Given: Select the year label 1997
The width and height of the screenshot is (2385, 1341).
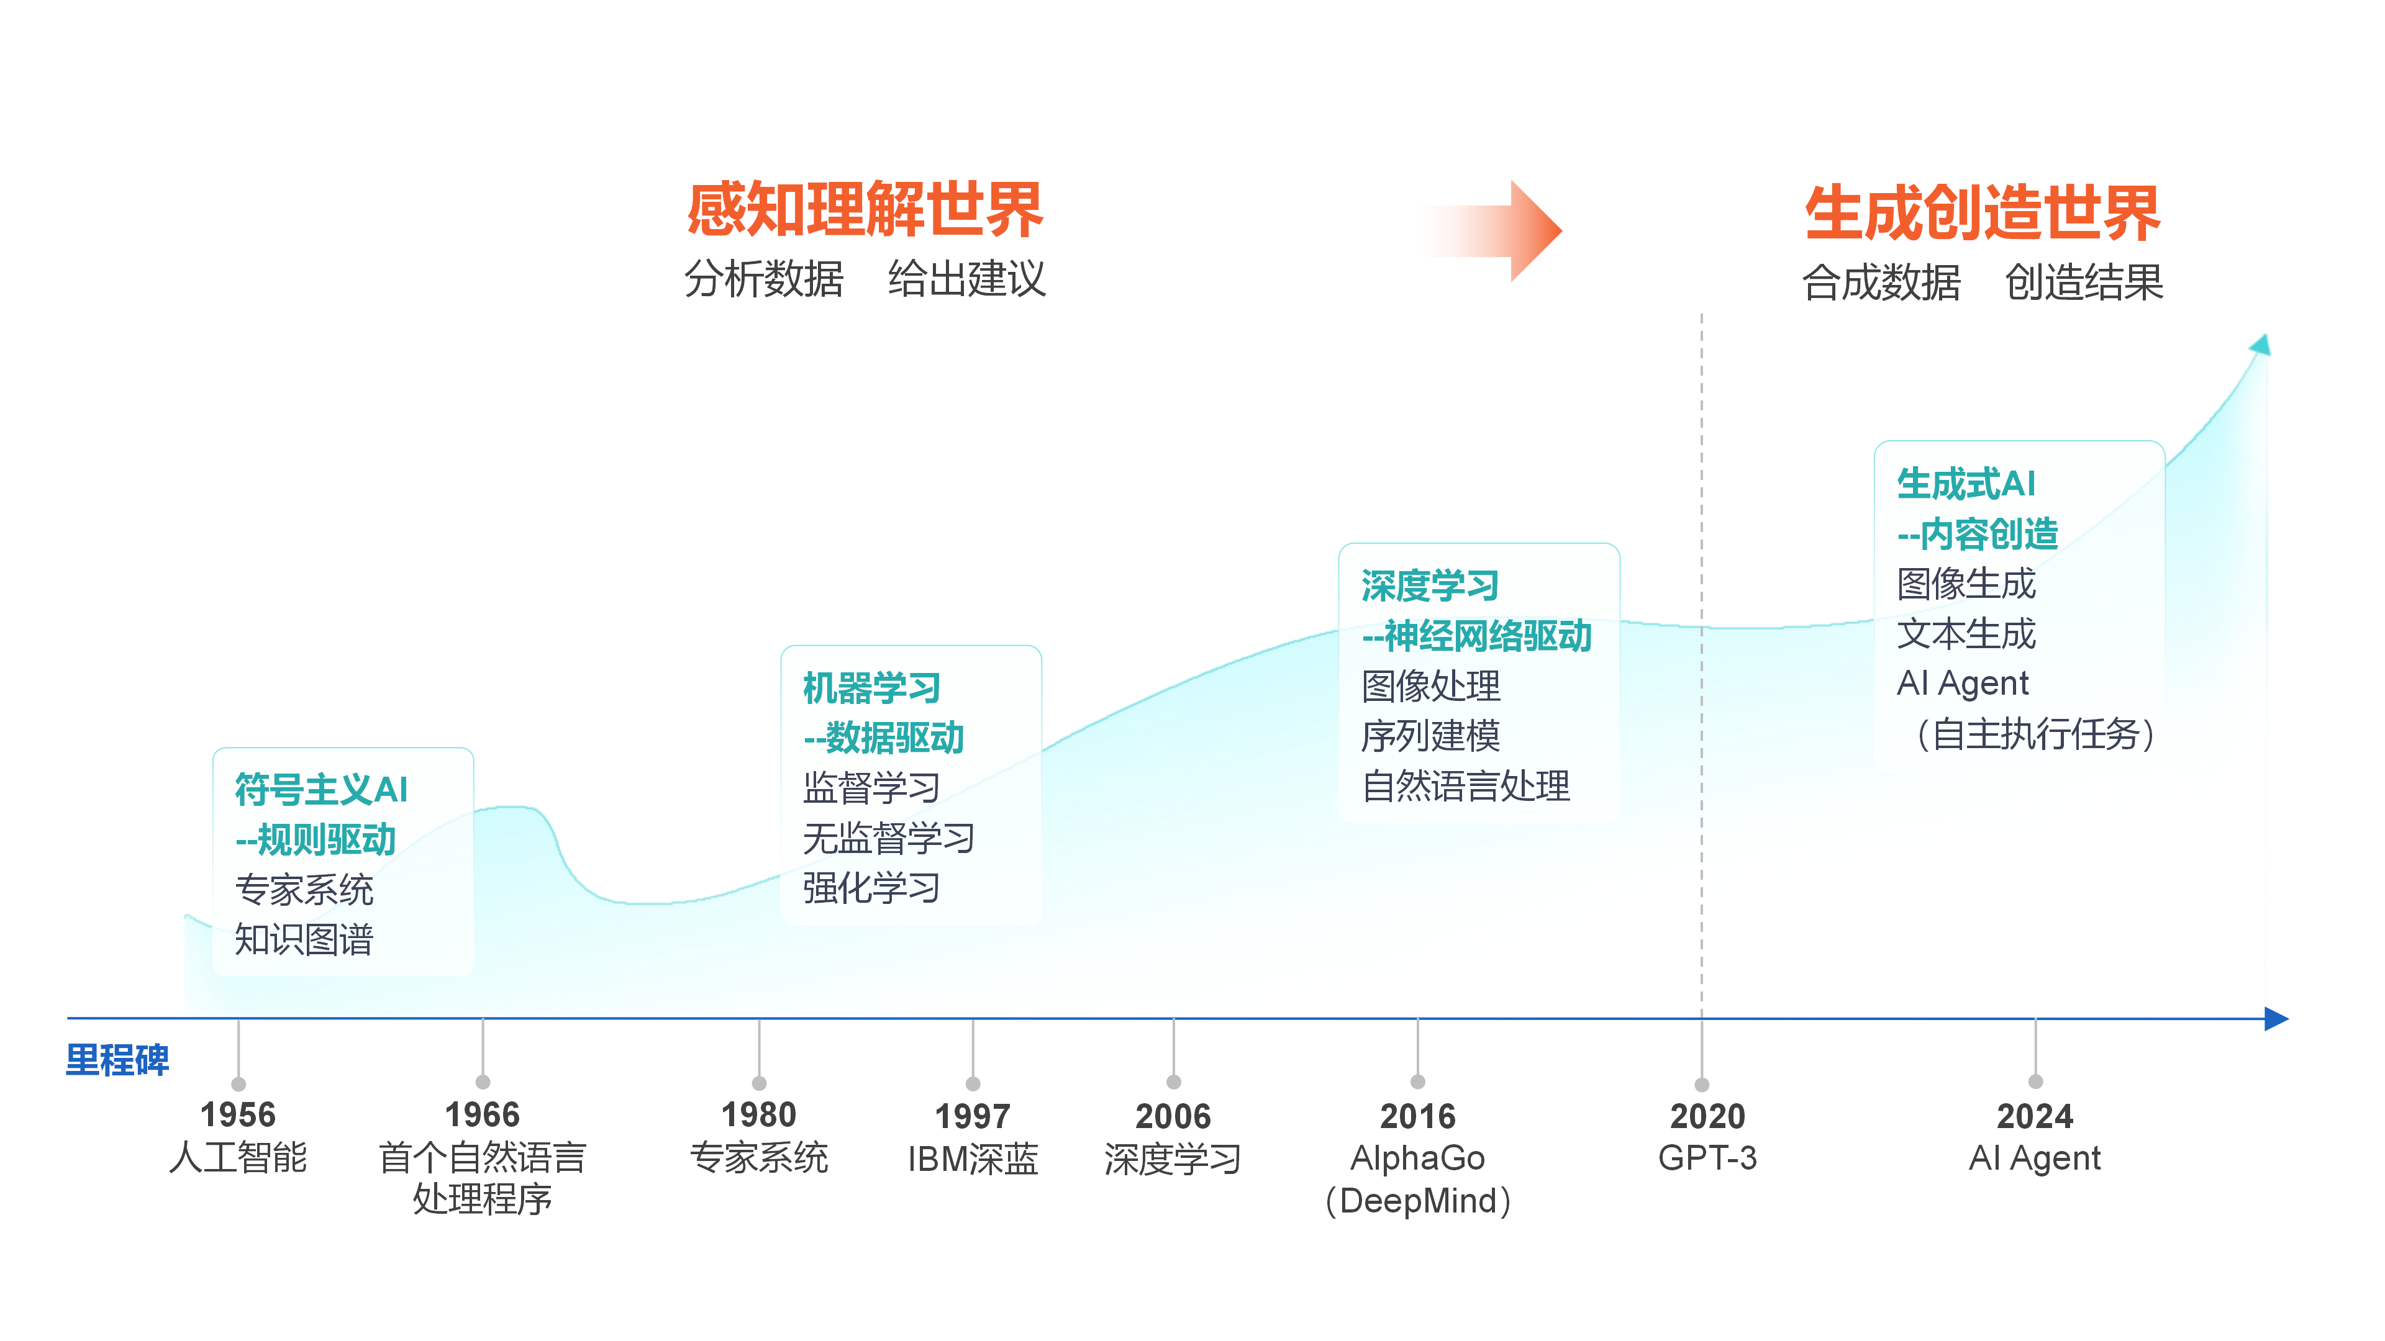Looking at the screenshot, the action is pyautogui.click(x=972, y=1116).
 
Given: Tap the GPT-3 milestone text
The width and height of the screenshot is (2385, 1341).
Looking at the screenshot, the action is pyautogui.click(x=1707, y=1158).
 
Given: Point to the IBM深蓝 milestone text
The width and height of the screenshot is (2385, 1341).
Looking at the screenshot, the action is pyautogui.click(x=972, y=1158).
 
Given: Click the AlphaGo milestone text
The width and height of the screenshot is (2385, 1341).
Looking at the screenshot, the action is pyautogui.click(x=1417, y=1158).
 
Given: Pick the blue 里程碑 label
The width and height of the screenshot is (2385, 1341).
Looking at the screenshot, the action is pyautogui.click(x=117, y=1060).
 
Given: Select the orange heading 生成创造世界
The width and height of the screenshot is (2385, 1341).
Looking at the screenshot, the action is pyautogui.click(x=1983, y=213).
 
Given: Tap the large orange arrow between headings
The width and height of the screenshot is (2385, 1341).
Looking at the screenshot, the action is pyautogui.click(x=1491, y=230).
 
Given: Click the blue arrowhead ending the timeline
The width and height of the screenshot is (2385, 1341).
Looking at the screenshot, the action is pyautogui.click(x=2277, y=1019).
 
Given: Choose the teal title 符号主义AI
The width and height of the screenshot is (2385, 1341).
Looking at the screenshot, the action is pyautogui.click(x=321, y=790).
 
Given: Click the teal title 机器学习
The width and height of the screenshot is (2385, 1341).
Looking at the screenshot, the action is pyautogui.click(x=871, y=688).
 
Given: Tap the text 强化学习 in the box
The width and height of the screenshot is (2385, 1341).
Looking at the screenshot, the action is pyautogui.click(x=871, y=888).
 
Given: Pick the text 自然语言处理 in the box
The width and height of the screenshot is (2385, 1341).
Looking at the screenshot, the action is pyautogui.click(x=1466, y=786).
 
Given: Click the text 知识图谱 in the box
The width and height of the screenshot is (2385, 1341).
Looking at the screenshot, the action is pyautogui.click(x=304, y=939).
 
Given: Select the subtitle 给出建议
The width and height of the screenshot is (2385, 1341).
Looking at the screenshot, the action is pyautogui.click(x=966, y=279).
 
